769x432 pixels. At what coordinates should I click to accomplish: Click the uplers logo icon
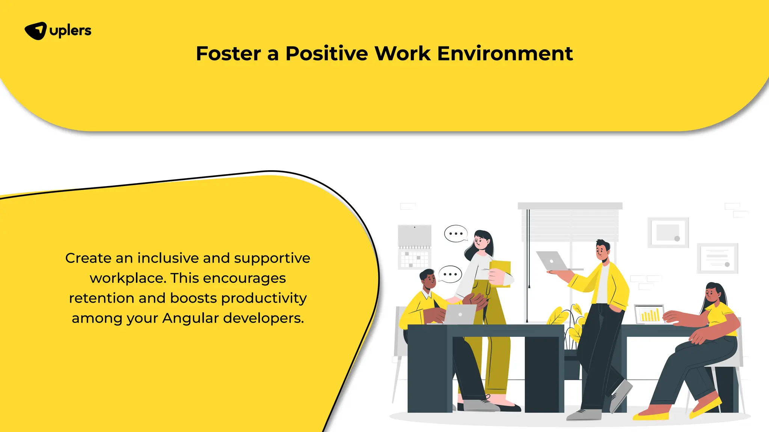36,31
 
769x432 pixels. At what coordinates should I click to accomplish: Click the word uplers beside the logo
70,31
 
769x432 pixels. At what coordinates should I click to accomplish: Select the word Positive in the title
326,53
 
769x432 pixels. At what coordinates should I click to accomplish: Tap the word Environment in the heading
505,53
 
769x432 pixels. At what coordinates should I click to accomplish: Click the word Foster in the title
228,53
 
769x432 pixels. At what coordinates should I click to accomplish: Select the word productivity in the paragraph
264,298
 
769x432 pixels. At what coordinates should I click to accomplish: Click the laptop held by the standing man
552,261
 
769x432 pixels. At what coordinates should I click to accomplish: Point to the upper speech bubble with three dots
455,234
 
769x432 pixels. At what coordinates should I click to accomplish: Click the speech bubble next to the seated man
450,274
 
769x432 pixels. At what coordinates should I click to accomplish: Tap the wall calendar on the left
415,247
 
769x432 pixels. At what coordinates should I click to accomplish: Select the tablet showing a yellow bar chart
649,314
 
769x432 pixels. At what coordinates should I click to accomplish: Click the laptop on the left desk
460,314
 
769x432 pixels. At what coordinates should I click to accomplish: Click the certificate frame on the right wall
717,258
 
